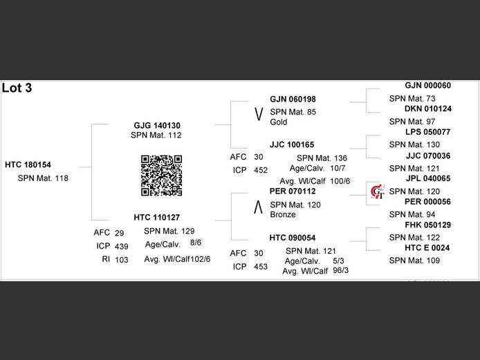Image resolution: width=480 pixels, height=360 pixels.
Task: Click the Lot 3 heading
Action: pos(17,88)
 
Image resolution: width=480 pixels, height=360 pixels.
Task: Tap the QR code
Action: pos(161,176)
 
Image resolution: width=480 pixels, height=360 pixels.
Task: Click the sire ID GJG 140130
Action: pos(157,125)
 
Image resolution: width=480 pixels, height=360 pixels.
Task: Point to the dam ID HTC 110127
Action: pos(156,218)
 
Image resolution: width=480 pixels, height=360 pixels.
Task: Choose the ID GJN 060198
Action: pos(293,100)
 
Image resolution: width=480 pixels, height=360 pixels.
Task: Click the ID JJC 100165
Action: pos(292,145)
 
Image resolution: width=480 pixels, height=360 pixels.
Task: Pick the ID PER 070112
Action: pos(293,191)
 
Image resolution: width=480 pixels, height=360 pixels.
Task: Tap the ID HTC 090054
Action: pos(292,238)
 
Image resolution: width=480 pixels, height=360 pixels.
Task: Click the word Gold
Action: pos(279,122)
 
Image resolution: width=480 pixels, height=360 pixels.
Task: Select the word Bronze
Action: pos(283,215)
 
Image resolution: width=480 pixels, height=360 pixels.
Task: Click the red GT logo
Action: pos(378,193)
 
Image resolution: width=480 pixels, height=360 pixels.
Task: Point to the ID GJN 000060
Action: pos(427,86)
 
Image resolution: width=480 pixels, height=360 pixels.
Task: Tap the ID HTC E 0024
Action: pos(427,248)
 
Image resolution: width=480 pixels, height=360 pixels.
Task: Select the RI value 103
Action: pos(121,259)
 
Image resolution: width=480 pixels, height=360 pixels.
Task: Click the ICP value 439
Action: pos(121,246)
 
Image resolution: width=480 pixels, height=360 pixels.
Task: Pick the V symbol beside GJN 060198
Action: pos(258,113)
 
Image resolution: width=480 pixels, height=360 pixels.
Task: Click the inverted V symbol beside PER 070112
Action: pos(258,205)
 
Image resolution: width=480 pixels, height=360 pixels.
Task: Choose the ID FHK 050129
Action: pos(427,225)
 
